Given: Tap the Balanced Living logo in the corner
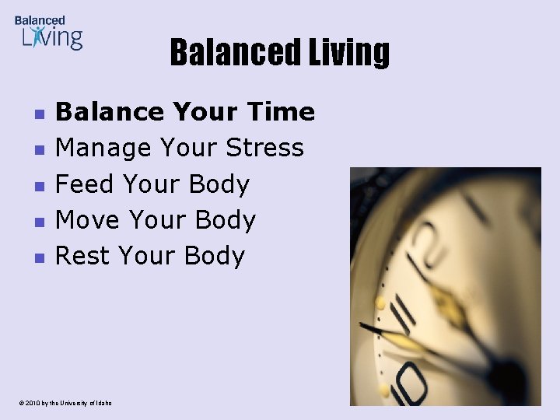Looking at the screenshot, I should click(x=48, y=33).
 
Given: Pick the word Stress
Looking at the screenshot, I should click(x=264, y=148).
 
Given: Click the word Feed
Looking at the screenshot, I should click(x=86, y=184).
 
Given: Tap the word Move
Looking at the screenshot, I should click(x=88, y=220).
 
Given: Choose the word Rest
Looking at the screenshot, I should click(x=82, y=256).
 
